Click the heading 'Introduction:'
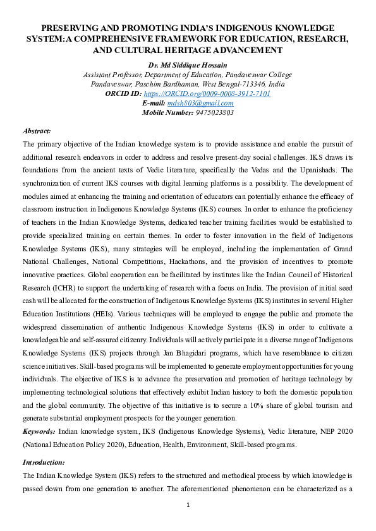[43, 462]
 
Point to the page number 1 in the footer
[188, 505]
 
